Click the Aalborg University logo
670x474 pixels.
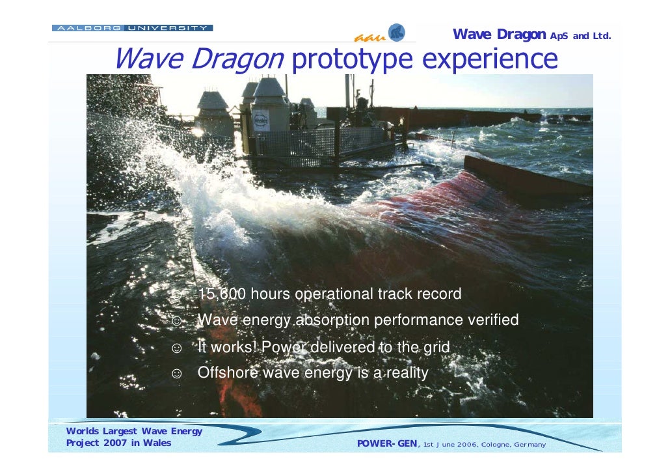tap(132, 28)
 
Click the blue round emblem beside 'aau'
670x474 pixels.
tap(396, 33)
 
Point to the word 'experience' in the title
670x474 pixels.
tap(490, 60)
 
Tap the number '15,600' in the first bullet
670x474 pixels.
tap(222, 294)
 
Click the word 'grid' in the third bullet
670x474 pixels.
tap(436, 347)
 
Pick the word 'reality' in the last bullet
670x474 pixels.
tap(405, 373)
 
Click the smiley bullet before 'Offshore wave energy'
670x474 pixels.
tap(176, 374)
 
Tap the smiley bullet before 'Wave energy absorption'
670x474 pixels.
tap(176, 321)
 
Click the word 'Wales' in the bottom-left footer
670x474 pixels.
tap(158, 443)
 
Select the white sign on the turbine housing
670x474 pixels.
tap(261, 120)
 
